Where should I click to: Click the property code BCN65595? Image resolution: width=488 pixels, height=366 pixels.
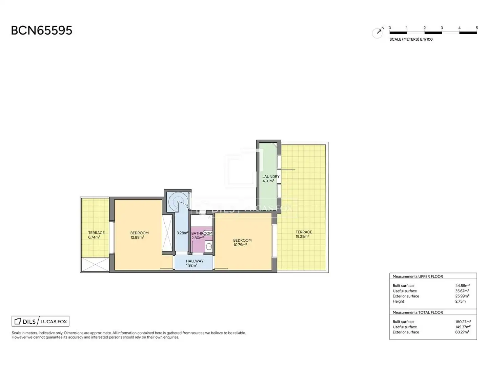(x=42, y=30)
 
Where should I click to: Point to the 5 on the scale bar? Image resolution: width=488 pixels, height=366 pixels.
(x=477, y=28)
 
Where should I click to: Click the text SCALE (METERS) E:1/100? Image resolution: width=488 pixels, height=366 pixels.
(x=411, y=39)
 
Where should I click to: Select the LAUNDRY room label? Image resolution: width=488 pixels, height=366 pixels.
(x=271, y=177)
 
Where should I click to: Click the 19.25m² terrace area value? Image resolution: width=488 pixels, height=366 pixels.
(x=302, y=237)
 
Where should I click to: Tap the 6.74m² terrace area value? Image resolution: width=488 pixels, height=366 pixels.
(x=94, y=237)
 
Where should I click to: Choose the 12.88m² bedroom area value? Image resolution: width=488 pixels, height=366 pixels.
(x=137, y=237)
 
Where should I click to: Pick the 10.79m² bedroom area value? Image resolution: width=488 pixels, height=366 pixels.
(x=240, y=245)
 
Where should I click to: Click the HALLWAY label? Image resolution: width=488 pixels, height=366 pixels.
(x=195, y=261)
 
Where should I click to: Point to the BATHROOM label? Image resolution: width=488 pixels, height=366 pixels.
(x=202, y=233)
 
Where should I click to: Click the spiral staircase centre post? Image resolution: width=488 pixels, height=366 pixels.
(x=178, y=202)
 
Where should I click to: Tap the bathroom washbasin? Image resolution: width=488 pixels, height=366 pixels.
(x=208, y=246)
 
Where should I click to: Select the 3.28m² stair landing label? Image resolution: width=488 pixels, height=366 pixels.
(x=183, y=233)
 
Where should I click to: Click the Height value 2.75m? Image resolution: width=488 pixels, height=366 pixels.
(x=460, y=301)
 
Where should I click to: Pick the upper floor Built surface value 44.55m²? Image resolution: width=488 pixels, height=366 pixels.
(x=462, y=286)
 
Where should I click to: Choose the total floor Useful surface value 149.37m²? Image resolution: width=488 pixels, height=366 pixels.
(x=463, y=327)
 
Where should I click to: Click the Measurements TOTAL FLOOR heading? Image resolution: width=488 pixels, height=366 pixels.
(x=418, y=312)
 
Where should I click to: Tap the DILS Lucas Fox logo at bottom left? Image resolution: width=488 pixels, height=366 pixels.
(x=40, y=321)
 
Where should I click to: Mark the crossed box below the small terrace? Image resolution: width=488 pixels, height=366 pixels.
(x=95, y=264)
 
